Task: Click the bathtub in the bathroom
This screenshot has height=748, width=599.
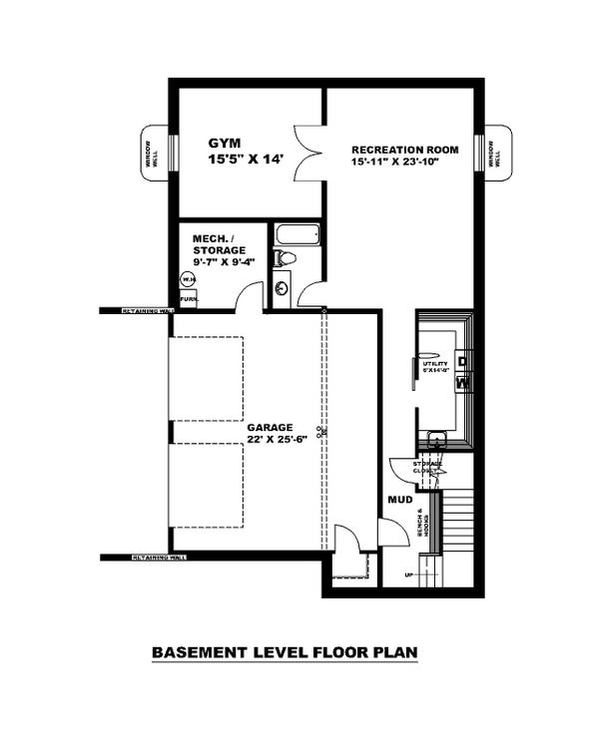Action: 297,236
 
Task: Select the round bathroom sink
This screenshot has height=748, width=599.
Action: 282,288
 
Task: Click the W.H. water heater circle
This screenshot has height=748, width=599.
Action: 187,279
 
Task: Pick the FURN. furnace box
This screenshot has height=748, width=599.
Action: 188,298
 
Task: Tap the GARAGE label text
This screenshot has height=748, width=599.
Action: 272,426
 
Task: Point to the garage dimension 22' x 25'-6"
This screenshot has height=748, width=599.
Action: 272,440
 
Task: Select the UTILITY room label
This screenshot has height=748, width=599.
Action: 437,365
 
